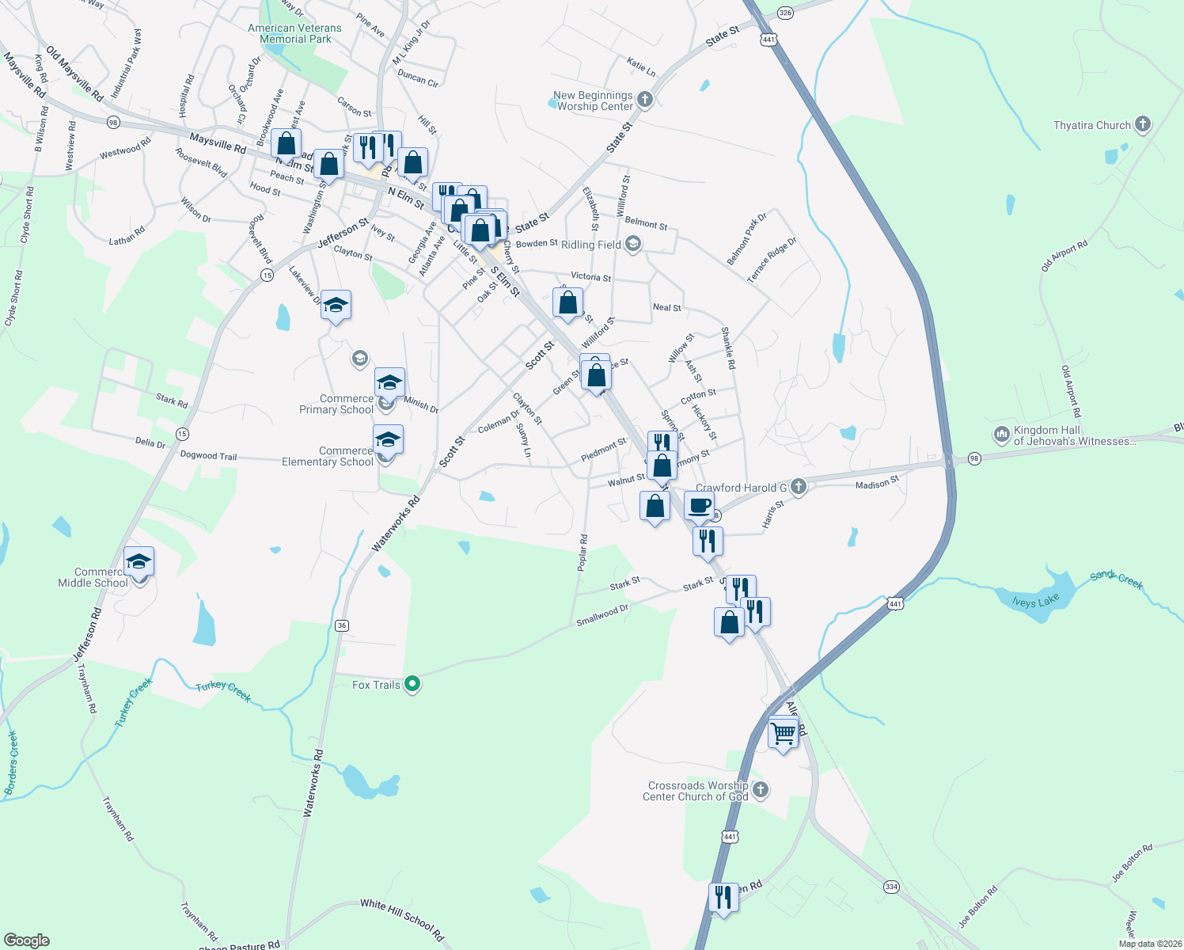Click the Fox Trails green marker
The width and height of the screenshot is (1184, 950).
click(412, 684)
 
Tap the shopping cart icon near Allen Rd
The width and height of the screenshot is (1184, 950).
click(783, 733)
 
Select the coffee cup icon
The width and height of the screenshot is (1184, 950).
click(699, 505)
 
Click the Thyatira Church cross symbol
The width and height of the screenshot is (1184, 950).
click(1142, 124)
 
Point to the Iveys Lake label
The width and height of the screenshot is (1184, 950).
click(1035, 602)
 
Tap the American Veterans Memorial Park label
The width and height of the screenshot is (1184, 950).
click(294, 33)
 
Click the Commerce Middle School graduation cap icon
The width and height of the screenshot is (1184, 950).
click(139, 562)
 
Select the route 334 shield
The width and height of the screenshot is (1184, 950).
click(892, 887)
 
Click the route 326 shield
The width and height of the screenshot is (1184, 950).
click(785, 13)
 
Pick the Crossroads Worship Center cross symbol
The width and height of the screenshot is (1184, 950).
click(760, 789)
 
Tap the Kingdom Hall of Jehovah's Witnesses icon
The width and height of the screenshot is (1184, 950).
click(1001, 435)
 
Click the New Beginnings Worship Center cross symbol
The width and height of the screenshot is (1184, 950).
click(645, 100)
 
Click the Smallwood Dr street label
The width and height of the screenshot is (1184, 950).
click(601, 615)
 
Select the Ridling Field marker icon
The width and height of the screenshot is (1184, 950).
click(632, 245)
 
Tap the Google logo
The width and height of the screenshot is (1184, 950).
click(27, 940)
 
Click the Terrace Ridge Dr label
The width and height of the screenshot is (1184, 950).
click(772, 260)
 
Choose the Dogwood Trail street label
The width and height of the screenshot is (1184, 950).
click(208, 455)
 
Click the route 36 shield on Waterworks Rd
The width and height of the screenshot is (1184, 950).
click(341, 625)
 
